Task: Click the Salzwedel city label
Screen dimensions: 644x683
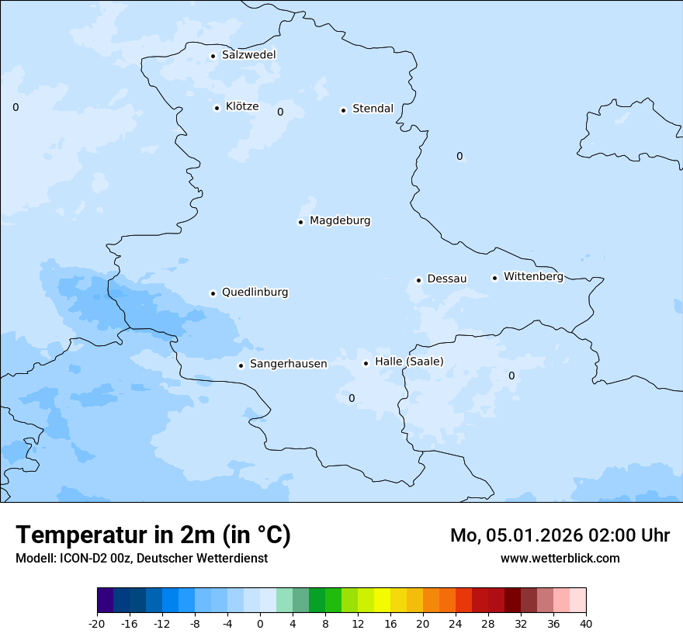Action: [x=248, y=55]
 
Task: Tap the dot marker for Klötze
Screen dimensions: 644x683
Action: [x=217, y=108]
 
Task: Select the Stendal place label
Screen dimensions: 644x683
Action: [x=373, y=109]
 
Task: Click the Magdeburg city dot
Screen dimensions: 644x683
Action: [x=300, y=222]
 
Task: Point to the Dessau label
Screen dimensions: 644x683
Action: [x=446, y=279]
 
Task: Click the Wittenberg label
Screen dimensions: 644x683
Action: [x=533, y=276]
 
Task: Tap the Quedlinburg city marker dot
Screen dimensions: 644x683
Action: [x=213, y=293]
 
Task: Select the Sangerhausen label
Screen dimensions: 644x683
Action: [x=288, y=364]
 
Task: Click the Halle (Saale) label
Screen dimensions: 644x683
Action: [x=409, y=362]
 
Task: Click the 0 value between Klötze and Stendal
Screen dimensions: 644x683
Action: [x=280, y=112]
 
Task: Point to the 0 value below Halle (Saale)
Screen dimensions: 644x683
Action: [x=352, y=399]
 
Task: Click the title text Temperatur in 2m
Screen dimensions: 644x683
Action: [x=153, y=535]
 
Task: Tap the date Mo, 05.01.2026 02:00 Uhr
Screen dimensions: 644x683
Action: [x=560, y=535]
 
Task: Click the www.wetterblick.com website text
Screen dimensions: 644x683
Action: [x=560, y=559]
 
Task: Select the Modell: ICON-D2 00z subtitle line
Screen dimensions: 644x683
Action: [x=141, y=559]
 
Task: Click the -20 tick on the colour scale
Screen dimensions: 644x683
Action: [x=97, y=623]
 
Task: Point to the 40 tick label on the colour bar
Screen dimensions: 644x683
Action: [x=585, y=623]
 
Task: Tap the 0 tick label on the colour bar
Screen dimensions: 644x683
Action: [x=260, y=623]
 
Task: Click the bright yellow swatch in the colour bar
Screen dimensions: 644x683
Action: [x=382, y=601]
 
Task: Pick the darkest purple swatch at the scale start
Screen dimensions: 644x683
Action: [x=105, y=601]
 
